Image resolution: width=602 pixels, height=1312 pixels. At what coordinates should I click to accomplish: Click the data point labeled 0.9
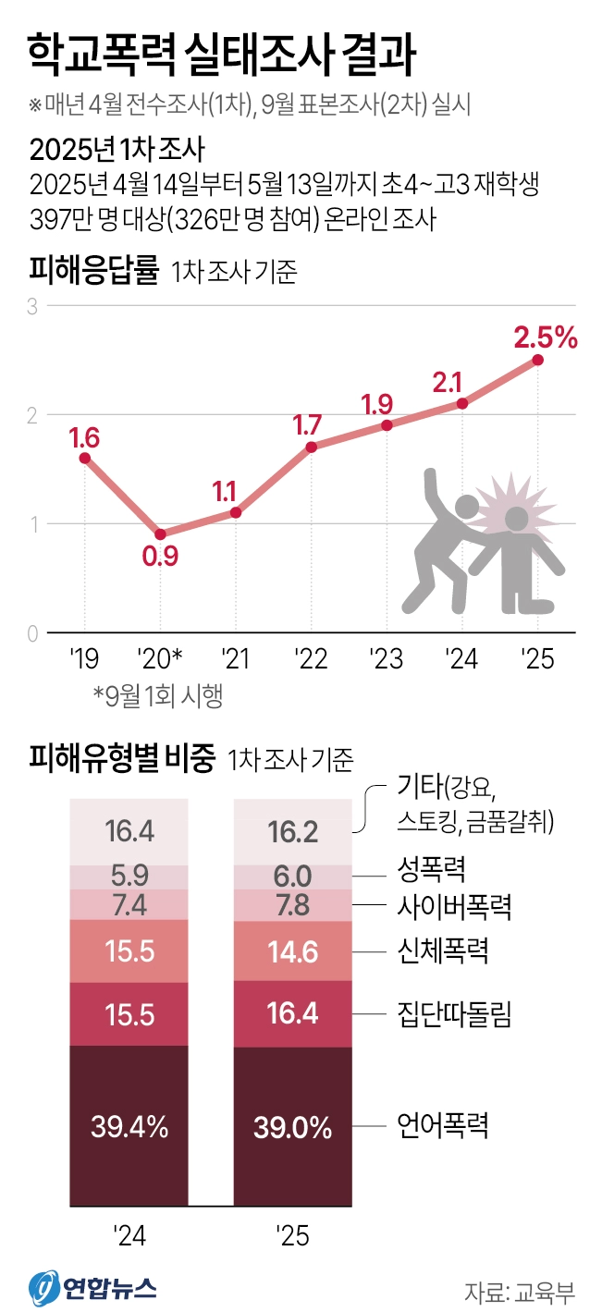point(160,534)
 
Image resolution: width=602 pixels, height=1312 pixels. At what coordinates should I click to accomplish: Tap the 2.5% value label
point(546,337)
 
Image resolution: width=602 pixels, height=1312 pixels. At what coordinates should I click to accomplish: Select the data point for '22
point(312,448)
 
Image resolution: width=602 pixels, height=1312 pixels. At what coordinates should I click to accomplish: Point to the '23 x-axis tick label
point(386,660)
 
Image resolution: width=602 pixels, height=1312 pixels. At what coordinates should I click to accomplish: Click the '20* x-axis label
point(160,660)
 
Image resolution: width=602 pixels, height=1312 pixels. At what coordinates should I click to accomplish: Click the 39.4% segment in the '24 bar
point(129,1126)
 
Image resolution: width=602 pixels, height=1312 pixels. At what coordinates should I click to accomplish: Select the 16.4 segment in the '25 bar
point(292,1013)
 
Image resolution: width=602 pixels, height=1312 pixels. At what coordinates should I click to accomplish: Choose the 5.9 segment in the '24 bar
point(129,876)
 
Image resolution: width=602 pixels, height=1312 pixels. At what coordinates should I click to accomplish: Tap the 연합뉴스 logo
point(92,1286)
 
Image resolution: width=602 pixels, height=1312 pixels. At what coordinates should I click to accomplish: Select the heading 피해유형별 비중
point(122,759)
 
